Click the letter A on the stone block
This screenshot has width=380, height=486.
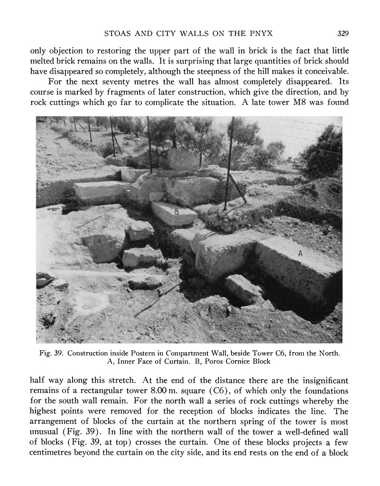click(300, 254)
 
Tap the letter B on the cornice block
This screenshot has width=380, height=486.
click(176, 212)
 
